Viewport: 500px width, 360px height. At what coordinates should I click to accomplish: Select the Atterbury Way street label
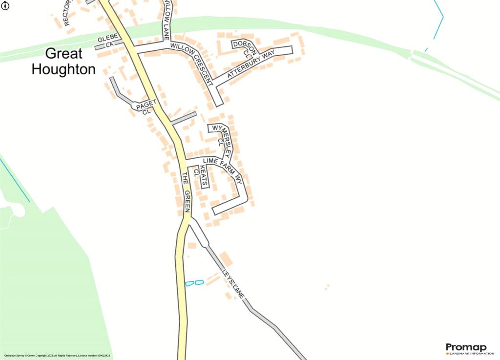(251, 63)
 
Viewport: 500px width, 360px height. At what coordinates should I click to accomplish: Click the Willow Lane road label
(167, 20)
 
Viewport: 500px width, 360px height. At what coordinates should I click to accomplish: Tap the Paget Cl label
(146, 106)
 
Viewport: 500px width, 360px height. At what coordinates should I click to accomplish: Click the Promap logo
(466, 347)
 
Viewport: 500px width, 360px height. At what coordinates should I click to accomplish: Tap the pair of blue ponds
(194, 283)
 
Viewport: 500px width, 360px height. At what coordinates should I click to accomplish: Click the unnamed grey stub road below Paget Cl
(184, 118)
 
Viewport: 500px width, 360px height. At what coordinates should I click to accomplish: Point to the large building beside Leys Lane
(226, 258)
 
